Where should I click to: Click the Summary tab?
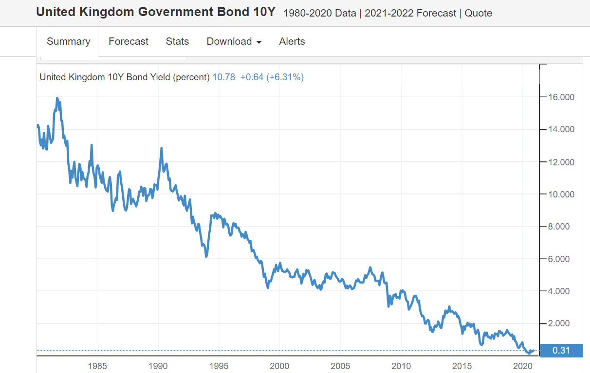(68, 42)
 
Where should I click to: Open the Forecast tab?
(129, 42)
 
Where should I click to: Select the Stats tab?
(177, 42)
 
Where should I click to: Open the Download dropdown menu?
(234, 42)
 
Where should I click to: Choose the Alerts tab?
(292, 42)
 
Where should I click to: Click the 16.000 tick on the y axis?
(561, 97)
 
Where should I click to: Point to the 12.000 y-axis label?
(561, 162)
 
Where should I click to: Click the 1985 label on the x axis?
(97, 365)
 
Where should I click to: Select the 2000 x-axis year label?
(279, 365)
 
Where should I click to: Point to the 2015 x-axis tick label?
(462, 365)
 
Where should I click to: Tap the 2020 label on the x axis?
(523, 365)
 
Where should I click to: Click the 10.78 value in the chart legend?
(223, 77)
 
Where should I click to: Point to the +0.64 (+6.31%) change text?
(272, 77)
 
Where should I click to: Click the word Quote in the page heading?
(478, 13)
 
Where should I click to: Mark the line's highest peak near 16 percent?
(57, 99)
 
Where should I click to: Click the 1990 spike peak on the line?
(161, 148)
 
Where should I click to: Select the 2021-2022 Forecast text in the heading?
(410, 13)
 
